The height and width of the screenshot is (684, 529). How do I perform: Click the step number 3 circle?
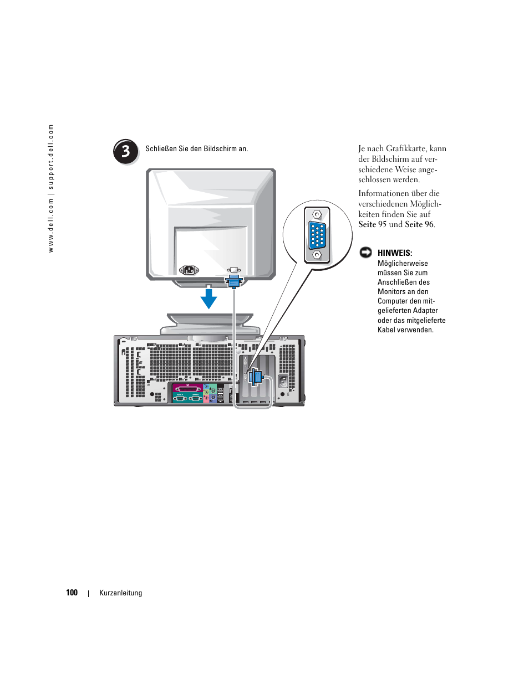tap(126, 152)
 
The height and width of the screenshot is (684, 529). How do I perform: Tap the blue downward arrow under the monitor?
tap(208, 299)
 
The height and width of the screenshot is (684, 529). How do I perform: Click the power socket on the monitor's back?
tap(189, 270)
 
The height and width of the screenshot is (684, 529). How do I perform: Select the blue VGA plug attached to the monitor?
tap(234, 281)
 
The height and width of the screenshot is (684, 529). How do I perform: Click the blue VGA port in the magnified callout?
tap(317, 234)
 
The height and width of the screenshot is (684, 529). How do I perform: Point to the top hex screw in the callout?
tap(317, 215)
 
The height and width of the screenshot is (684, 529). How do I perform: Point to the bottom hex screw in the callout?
tap(317, 255)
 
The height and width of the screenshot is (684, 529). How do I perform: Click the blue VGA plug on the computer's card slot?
tap(256, 377)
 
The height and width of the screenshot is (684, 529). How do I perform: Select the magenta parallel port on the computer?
tap(187, 388)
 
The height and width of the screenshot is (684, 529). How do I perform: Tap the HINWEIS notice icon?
tap(365, 253)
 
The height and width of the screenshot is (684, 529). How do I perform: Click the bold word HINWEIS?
tap(395, 253)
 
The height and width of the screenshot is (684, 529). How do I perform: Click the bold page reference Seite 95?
tap(373, 224)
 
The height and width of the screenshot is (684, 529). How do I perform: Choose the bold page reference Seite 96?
tap(419, 224)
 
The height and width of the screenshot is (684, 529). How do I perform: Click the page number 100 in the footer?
tap(72, 593)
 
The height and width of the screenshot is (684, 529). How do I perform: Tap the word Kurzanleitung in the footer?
tap(121, 593)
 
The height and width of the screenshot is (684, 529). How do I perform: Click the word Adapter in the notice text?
tap(426, 311)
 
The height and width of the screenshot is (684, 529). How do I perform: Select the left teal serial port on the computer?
tap(180, 398)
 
